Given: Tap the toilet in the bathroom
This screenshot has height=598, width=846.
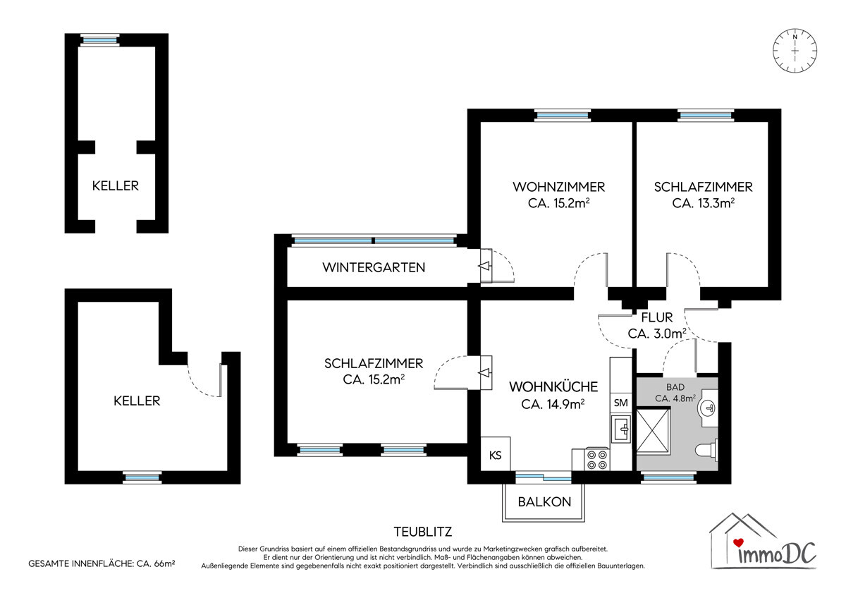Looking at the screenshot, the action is point(706,449).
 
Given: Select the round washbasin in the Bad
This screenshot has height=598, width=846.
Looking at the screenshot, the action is point(709,408).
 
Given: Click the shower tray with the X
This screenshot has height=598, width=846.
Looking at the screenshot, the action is point(653,431).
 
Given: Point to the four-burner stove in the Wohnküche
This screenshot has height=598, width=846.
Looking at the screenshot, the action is point(596,459).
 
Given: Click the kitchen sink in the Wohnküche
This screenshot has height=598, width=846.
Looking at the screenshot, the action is point(621,429).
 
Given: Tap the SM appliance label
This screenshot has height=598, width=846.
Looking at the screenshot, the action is point(621,403).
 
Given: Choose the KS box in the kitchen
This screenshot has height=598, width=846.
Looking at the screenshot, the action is point(495,454).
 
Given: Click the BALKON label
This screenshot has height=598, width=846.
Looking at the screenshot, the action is point(544,502).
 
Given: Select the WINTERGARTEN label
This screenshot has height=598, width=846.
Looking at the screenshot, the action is point(374,267).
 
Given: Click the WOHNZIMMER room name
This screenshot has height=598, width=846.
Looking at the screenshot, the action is point(558,187).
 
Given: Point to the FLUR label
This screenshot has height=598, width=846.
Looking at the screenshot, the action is point(657,317).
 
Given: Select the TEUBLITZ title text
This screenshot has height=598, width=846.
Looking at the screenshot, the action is point(422,532).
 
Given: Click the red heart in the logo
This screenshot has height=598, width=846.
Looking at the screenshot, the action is point(738,543).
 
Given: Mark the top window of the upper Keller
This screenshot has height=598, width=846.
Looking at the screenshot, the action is point(99,40).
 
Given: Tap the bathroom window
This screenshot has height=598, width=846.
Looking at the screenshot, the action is point(668,478).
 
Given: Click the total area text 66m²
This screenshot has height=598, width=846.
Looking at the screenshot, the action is point(164,563).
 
